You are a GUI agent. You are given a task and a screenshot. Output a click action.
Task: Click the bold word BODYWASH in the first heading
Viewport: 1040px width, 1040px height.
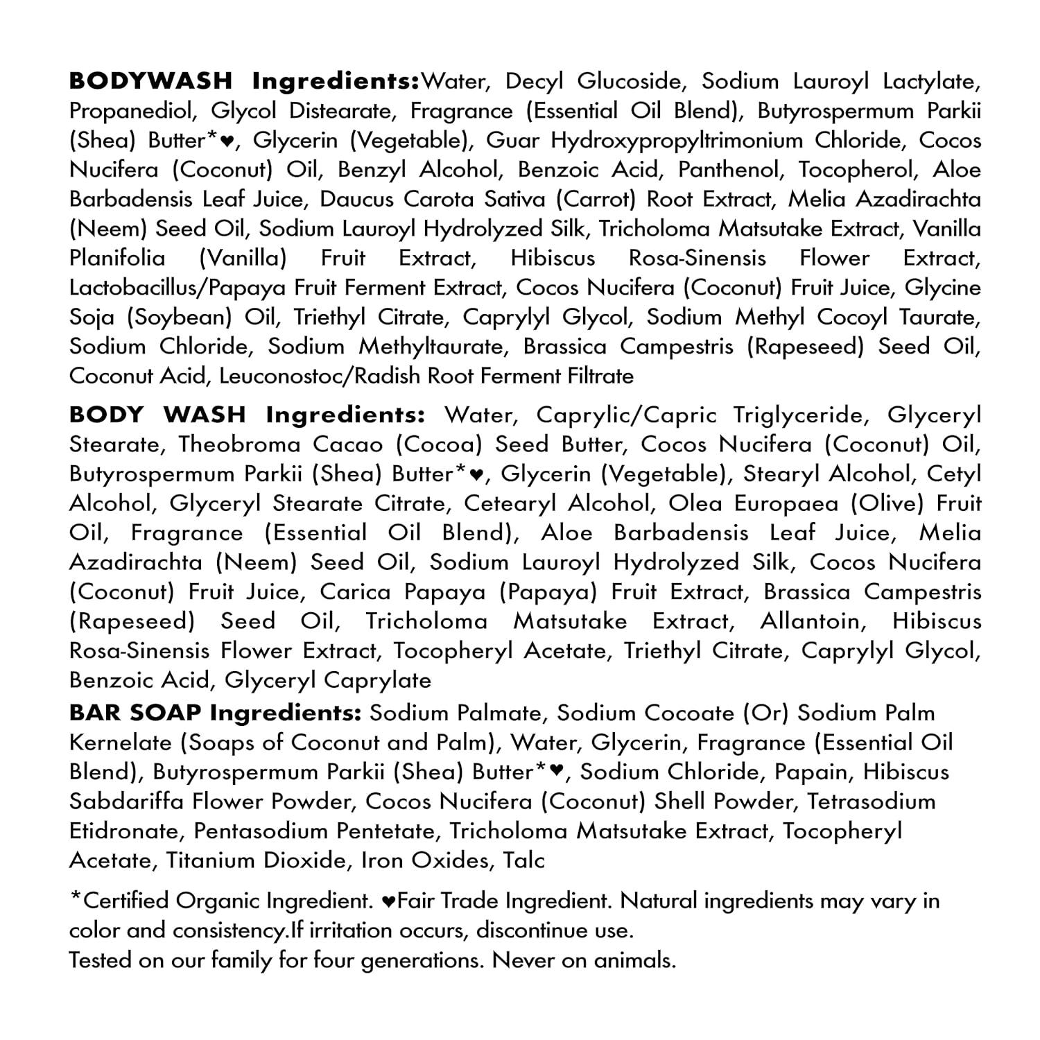[150, 81]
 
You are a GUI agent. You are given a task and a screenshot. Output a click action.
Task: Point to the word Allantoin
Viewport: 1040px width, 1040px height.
[809, 621]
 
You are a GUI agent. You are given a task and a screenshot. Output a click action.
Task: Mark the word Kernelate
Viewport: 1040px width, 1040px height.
[119, 743]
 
